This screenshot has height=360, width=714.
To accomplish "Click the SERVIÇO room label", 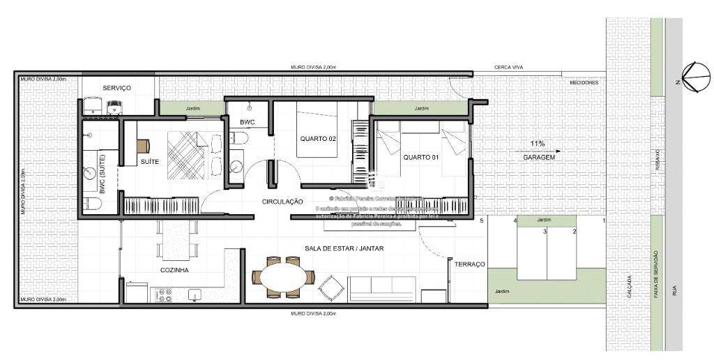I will [x=117, y=88].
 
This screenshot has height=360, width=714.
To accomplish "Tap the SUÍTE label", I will [x=150, y=161].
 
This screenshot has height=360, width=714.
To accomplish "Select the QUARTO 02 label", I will [x=318, y=139].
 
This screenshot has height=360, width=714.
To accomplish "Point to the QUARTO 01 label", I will [x=420, y=157].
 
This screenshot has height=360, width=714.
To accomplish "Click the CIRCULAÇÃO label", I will [x=282, y=202].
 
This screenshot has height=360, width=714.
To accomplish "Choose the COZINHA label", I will [x=174, y=269].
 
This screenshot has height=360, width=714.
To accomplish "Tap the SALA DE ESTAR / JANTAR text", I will [x=344, y=248].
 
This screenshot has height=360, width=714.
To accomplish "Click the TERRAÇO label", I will [x=470, y=264].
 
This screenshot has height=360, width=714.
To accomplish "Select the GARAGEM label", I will [x=538, y=158].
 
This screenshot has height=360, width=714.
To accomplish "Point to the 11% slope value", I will [x=536, y=144].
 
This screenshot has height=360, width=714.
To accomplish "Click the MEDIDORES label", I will [x=584, y=83].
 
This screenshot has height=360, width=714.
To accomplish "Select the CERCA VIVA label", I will [x=508, y=67].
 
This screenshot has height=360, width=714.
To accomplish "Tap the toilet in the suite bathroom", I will [x=91, y=203].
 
